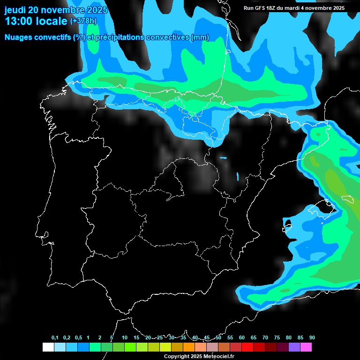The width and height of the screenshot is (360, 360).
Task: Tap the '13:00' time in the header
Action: click(18, 21)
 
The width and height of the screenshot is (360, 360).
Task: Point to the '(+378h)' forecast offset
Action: click(84, 21)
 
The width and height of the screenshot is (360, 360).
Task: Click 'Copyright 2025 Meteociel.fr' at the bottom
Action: click(199, 356)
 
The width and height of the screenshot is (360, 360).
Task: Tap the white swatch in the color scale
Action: click(48, 347)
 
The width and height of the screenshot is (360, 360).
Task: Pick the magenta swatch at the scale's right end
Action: click(306, 347)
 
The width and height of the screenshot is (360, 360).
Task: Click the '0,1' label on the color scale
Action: click(55, 338)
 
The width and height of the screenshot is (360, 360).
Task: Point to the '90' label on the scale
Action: click(312, 338)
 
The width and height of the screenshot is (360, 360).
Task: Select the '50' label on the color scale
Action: click(218, 338)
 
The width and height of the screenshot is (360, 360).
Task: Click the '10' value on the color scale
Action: click(125, 338)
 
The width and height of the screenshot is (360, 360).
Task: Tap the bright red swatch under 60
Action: click(247, 347)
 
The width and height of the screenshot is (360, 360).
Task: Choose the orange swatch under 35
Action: click(189, 347)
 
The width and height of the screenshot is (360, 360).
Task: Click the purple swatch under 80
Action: click(294, 347)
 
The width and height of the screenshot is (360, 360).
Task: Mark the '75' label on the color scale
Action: click(277, 338)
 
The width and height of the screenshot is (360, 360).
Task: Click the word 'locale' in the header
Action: click(52, 21)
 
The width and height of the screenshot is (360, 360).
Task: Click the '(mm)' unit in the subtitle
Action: click(200, 37)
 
